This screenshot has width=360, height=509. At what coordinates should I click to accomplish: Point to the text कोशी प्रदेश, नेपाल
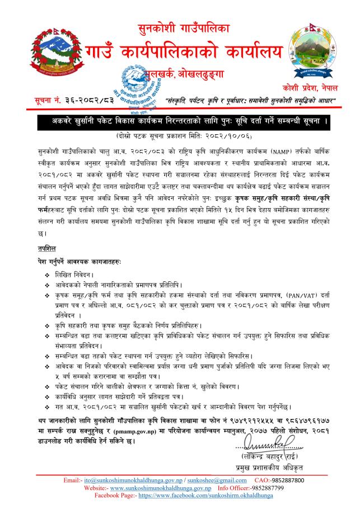point(316,89)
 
